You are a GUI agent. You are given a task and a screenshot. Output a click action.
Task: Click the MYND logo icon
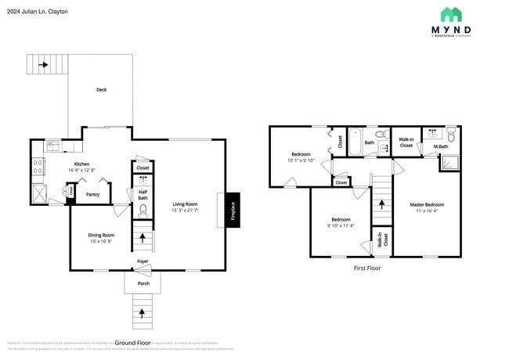click(x=450, y=14)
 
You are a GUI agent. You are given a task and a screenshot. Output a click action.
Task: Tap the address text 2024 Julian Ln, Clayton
click(x=37, y=12)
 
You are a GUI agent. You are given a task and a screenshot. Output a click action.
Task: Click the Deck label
click(x=101, y=90)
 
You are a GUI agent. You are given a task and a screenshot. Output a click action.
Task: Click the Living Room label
click(x=186, y=204)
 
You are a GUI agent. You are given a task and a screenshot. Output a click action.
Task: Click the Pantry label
click(x=92, y=195)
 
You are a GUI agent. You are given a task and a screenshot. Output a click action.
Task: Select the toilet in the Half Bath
click(x=143, y=210)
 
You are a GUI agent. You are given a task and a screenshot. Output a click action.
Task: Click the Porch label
click(x=143, y=283)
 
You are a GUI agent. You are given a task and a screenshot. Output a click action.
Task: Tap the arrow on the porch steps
click(x=142, y=313)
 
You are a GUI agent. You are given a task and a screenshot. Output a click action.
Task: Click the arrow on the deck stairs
click(x=44, y=64)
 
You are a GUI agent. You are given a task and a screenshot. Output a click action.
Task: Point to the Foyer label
click(x=143, y=261)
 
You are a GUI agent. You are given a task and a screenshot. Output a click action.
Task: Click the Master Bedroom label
click(x=427, y=205)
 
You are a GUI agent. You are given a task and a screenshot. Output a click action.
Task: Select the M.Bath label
click(x=441, y=146)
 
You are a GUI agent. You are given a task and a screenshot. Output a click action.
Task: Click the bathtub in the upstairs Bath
click(x=354, y=142)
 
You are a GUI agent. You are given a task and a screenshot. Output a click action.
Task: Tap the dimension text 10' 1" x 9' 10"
click(x=301, y=160)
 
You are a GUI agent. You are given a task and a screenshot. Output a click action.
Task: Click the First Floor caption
click(x=367, y=267)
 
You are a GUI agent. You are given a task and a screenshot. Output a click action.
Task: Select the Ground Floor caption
click(x=133, y=342)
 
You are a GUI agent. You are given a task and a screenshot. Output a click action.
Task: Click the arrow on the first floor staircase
click(x=381, y=203)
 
